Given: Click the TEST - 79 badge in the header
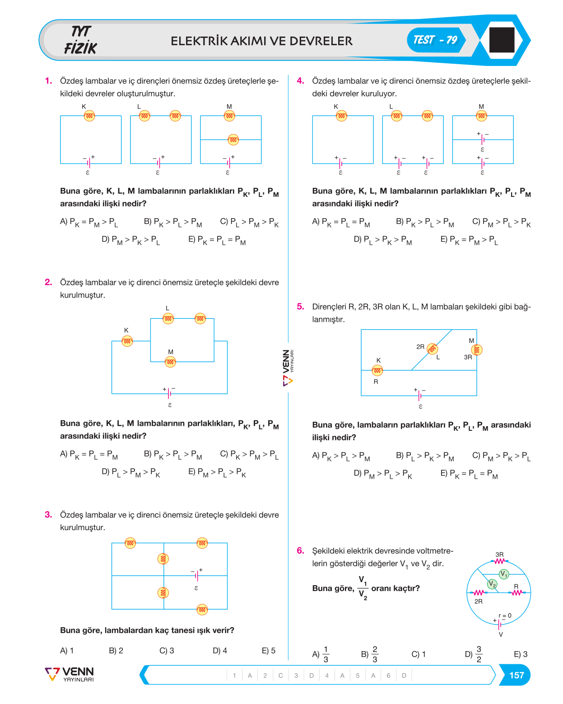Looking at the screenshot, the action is pyautogui.click(x=435, y=40).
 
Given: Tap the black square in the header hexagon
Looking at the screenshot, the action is pyautogui.click(x=502, y=40).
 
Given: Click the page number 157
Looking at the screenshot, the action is pyautogui.click(x=516, y=675).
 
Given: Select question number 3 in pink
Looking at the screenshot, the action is pyautogui.click(x=48, y=514).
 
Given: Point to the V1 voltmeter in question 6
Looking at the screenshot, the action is pyautogui.click(x=503, y=574).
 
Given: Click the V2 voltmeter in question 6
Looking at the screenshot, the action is pyautogui.click(x=492, y=584).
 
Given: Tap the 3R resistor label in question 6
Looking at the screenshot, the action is pyautogui.click(x=499, y=555).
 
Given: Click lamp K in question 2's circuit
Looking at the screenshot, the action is pyautogui.click(x=127, y=341).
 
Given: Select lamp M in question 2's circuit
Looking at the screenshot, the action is pyautogui.click(x=170, y=362).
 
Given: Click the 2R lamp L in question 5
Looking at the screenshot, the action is pyautogui.click(x=432, y=349).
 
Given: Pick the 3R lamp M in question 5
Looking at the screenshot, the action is pyautogui.click(x=477, y=350).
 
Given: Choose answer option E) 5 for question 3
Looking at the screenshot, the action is pyautogui.click(x=268, y=650).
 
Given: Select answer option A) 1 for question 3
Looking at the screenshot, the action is pyautogui.click(x=67, y=650).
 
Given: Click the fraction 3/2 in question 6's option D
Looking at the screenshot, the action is pyautogui.click(x=479, y=654).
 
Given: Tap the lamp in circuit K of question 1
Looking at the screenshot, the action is pyautogui.click(x=89, y=116).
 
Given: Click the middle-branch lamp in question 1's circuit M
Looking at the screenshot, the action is pyautogui.click(x=233, y=140).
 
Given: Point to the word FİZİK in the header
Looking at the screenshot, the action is pyautogui.click(x=80, y=48).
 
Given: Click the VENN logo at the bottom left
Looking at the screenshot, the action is pyautogui.click(x=70, y=674).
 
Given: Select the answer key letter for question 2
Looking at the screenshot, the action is pyautogui.click(x=280, y=675).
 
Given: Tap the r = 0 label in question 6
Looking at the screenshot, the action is pyautogui.click(x=505, y=615).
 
